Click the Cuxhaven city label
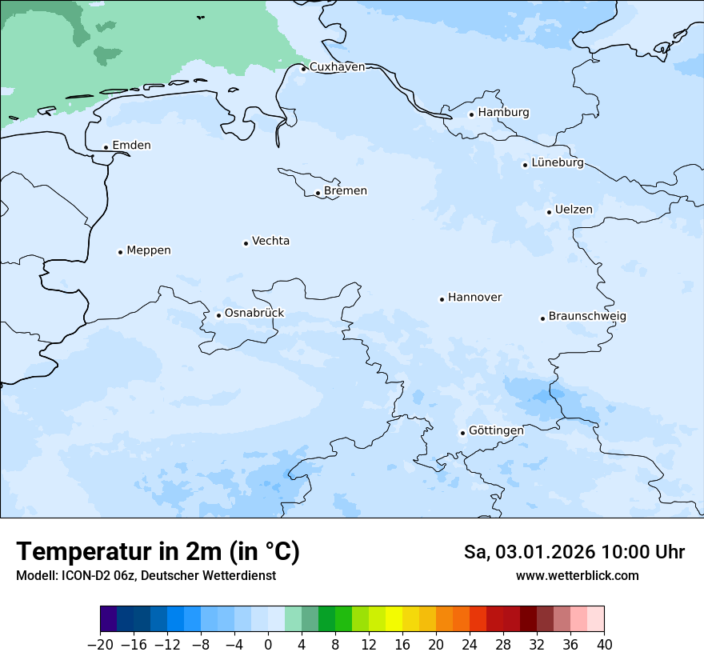tap(337, 67)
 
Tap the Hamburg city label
tap(503, 113)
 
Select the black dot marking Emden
tap(106, 147)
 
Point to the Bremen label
tap(346, 191)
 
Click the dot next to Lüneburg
tap(525, 165)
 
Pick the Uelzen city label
tap(574, 210)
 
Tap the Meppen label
tap(149, 250)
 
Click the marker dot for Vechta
tap(246, 243)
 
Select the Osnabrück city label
tap(254, 314)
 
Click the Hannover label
tap(474, 298)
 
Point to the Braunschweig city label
tap(587, 317)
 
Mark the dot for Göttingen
tap(462, 433)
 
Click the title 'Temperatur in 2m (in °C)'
tap(158, 551)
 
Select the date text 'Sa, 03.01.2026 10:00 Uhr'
tap(574, 552)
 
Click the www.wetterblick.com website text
tap(577, 575)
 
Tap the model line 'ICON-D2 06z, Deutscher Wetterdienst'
tap(146, 575)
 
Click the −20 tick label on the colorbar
tap(100, 645)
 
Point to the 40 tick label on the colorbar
tap(604, 645)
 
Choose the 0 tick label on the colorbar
tap(268, 645)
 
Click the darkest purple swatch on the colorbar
tap(109, 619)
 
